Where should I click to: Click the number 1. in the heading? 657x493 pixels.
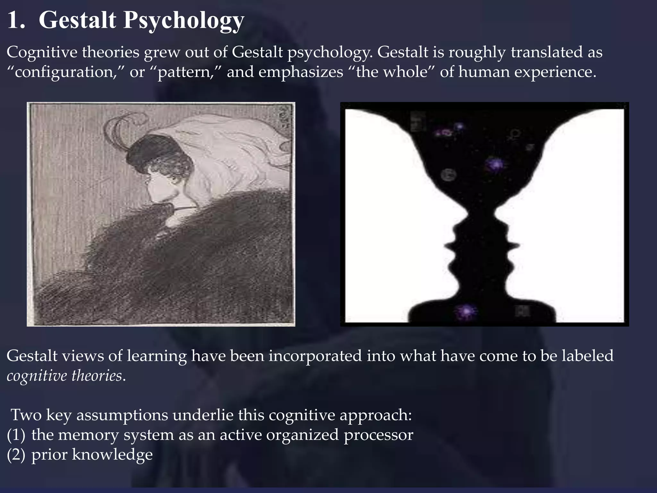pos(16,21)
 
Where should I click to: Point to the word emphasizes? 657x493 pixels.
pos(301,72)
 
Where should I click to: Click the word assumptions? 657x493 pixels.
pos(122,415)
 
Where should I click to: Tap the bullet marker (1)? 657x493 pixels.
pos(16,435)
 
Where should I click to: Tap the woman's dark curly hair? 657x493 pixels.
pos(160,160)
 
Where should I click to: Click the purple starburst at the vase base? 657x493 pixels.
pos(465,311)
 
